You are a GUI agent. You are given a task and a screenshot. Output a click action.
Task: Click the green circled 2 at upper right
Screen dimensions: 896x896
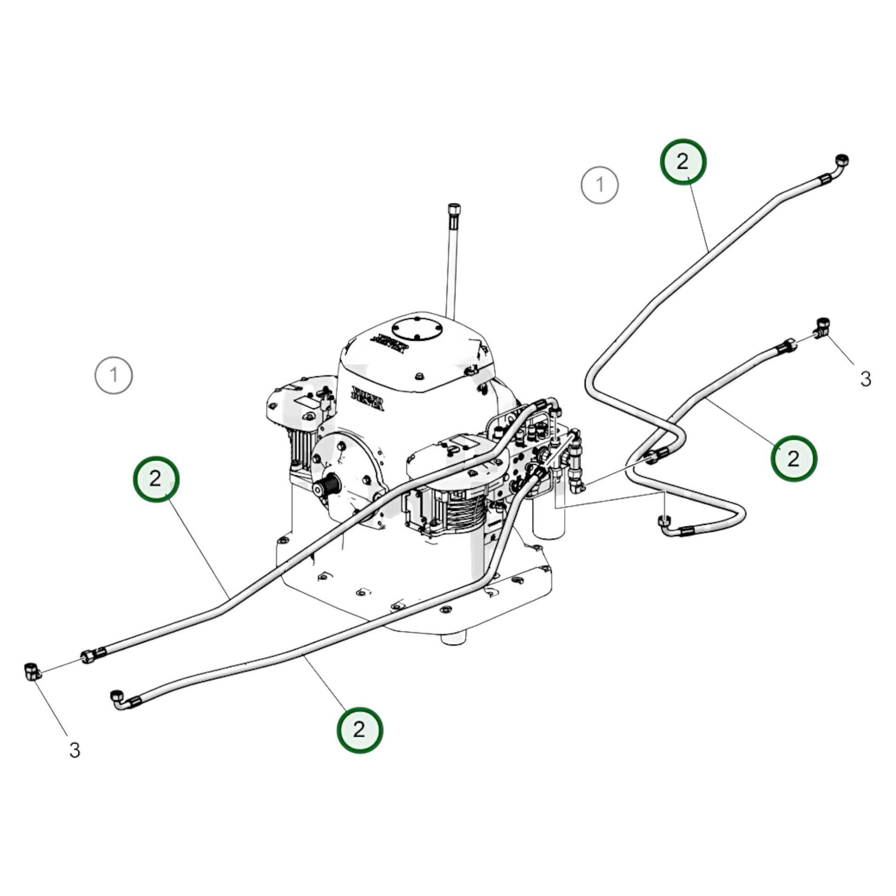pyautogui.click(x=683, y=162)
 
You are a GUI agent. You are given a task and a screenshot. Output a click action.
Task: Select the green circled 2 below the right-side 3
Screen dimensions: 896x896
pyautogui.click(x=793, y=458)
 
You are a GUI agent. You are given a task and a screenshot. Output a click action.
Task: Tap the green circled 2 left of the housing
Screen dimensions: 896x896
pyautogui.click(x=155, y=478)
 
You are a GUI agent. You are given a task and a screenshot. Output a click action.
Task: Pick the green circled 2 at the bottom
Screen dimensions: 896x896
pyautogui.click(x=360, y=729)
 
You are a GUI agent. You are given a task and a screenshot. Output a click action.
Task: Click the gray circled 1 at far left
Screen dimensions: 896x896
pyautogui.click(x=114, y=375)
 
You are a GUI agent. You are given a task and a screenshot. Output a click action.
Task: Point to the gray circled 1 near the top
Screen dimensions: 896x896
pyautogui.click(x=599, y=185)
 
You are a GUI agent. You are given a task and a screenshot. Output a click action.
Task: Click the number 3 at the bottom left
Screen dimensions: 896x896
pyautogui.click(x=75, y=750)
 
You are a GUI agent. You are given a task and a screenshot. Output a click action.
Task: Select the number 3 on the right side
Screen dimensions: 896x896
pyautogui.click(x=866, y=379)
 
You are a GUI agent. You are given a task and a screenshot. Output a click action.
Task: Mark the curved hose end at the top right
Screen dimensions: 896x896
pyautogui.click(x=839, y=163)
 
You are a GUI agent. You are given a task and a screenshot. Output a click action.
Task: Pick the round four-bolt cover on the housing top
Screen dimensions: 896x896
pyautogui.click(x=417, y=329)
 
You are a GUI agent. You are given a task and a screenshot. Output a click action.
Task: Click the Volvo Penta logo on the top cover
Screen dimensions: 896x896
pyautogui.click(x=390, y=343)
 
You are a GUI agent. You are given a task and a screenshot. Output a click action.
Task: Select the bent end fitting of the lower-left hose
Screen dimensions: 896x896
pyautogui.click(x=119, y=699)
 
